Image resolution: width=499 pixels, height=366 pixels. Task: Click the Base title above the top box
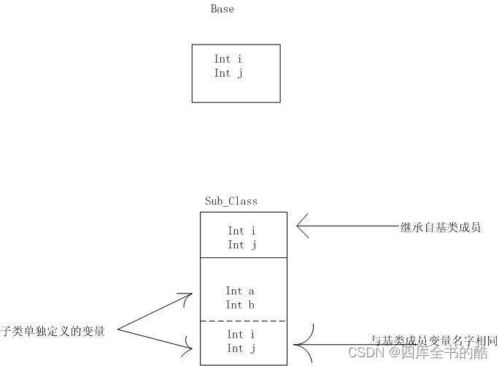222,9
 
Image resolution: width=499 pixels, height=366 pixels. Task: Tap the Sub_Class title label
231,201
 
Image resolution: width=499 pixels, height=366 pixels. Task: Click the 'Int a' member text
241,291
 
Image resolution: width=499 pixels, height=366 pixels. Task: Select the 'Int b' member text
241,305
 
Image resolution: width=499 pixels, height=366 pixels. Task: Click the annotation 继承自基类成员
441,228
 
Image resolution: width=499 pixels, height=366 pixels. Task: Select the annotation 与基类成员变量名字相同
434,340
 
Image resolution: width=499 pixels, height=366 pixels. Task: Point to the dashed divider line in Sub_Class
244,321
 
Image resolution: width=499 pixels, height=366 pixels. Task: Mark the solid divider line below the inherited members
244,257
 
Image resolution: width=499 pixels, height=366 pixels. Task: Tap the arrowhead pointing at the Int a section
189,298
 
